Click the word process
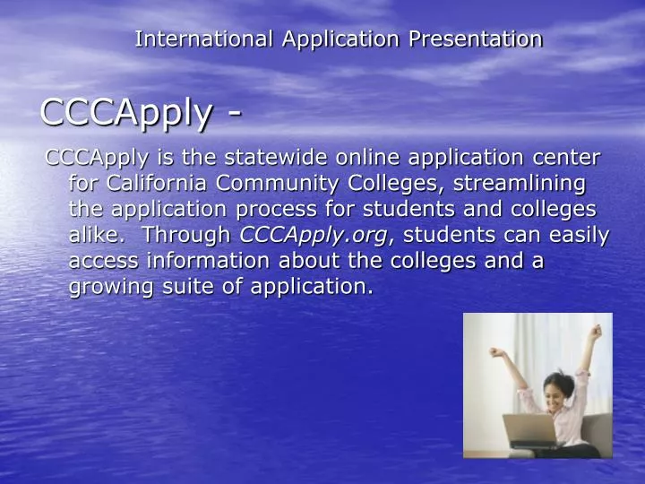pyautogui.click(x=284, y=210)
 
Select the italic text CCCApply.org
pyautogui.click(x=314, y=236)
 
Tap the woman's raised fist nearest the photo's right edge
pyautogui.click(x=593, y=332)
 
